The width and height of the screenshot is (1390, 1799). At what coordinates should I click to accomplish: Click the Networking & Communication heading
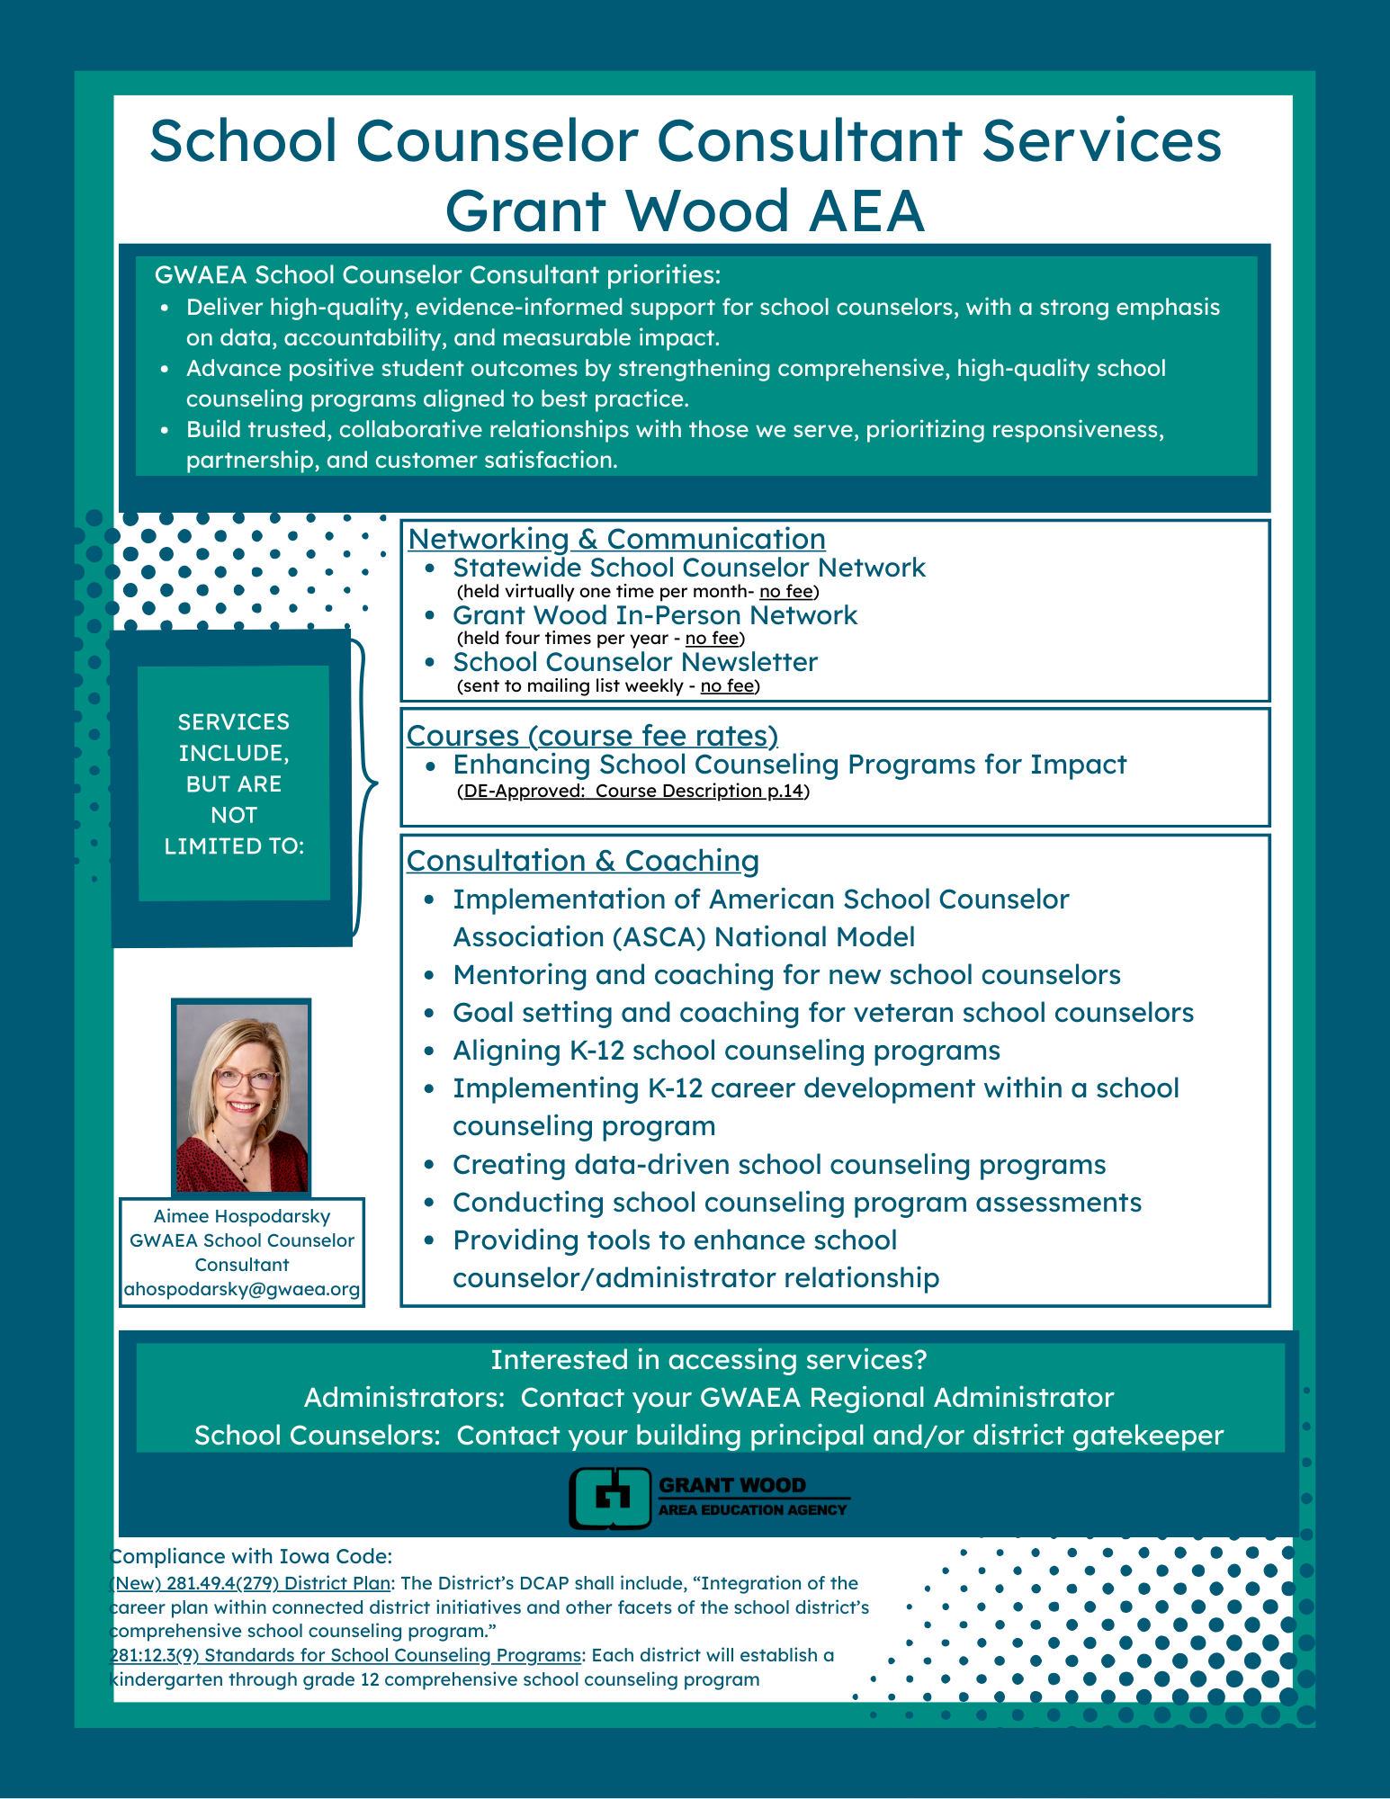[616, 539]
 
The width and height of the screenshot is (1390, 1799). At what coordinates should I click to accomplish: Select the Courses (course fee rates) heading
[592, 736]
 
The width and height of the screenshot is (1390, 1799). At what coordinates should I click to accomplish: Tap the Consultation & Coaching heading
[582, 861]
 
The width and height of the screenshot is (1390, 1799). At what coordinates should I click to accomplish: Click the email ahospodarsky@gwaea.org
[242, 1289]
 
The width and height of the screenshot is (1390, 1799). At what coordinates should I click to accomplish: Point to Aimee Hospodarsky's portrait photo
[241, 1096]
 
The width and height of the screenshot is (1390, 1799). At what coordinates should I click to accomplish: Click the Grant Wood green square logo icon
[610, 1498]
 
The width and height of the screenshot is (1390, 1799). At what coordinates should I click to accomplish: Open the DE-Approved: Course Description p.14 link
[633, 792]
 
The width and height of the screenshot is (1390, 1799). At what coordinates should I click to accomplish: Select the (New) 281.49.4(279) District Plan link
[250, 1583]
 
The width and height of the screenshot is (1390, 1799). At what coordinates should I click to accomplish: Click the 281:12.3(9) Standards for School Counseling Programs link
[345, 1655]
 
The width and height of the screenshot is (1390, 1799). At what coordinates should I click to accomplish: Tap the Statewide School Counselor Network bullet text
[688, 568]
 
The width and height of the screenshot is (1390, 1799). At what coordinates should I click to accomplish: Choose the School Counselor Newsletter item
[634, 662]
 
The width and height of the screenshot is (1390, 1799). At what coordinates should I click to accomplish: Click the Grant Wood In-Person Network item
[654, 615]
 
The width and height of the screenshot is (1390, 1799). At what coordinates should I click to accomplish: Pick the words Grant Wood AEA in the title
[685, 210]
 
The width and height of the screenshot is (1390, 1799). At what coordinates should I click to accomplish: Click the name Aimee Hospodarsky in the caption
[242, 1216]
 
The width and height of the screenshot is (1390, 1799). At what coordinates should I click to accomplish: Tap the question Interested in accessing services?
[708, 1360]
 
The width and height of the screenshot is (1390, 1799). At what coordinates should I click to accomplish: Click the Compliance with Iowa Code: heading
[251, 1557]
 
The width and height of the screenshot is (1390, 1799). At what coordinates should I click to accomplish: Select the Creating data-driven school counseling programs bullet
[778, 1165]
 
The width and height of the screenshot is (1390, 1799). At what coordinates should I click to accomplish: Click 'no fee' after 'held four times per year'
[712, 639]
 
